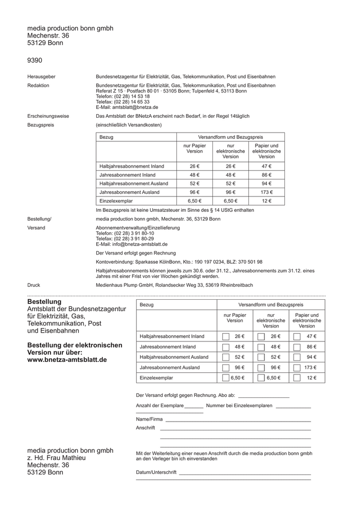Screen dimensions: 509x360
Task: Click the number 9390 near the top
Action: click(35, 61)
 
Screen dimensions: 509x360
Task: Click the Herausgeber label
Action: click(41, 77)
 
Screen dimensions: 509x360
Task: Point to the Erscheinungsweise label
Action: click(48, 116)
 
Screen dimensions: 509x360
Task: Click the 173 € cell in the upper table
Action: click(266, 192)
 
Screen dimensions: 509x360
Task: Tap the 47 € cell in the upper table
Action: click(266, 166)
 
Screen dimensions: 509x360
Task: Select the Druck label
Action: click(33, 284)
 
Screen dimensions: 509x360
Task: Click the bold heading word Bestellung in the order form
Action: click(44, 302)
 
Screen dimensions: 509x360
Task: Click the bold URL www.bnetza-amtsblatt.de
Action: click(67, 360)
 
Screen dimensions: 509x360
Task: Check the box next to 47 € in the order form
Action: click(297, 336)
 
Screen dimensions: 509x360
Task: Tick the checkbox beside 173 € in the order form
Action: click(297, 368)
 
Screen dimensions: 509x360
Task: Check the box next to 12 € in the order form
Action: click(297, 378)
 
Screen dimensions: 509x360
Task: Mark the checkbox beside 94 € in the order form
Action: click(297, 357)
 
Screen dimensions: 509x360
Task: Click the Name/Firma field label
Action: click(149, 419)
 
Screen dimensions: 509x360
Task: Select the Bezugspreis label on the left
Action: click(41, 125)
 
